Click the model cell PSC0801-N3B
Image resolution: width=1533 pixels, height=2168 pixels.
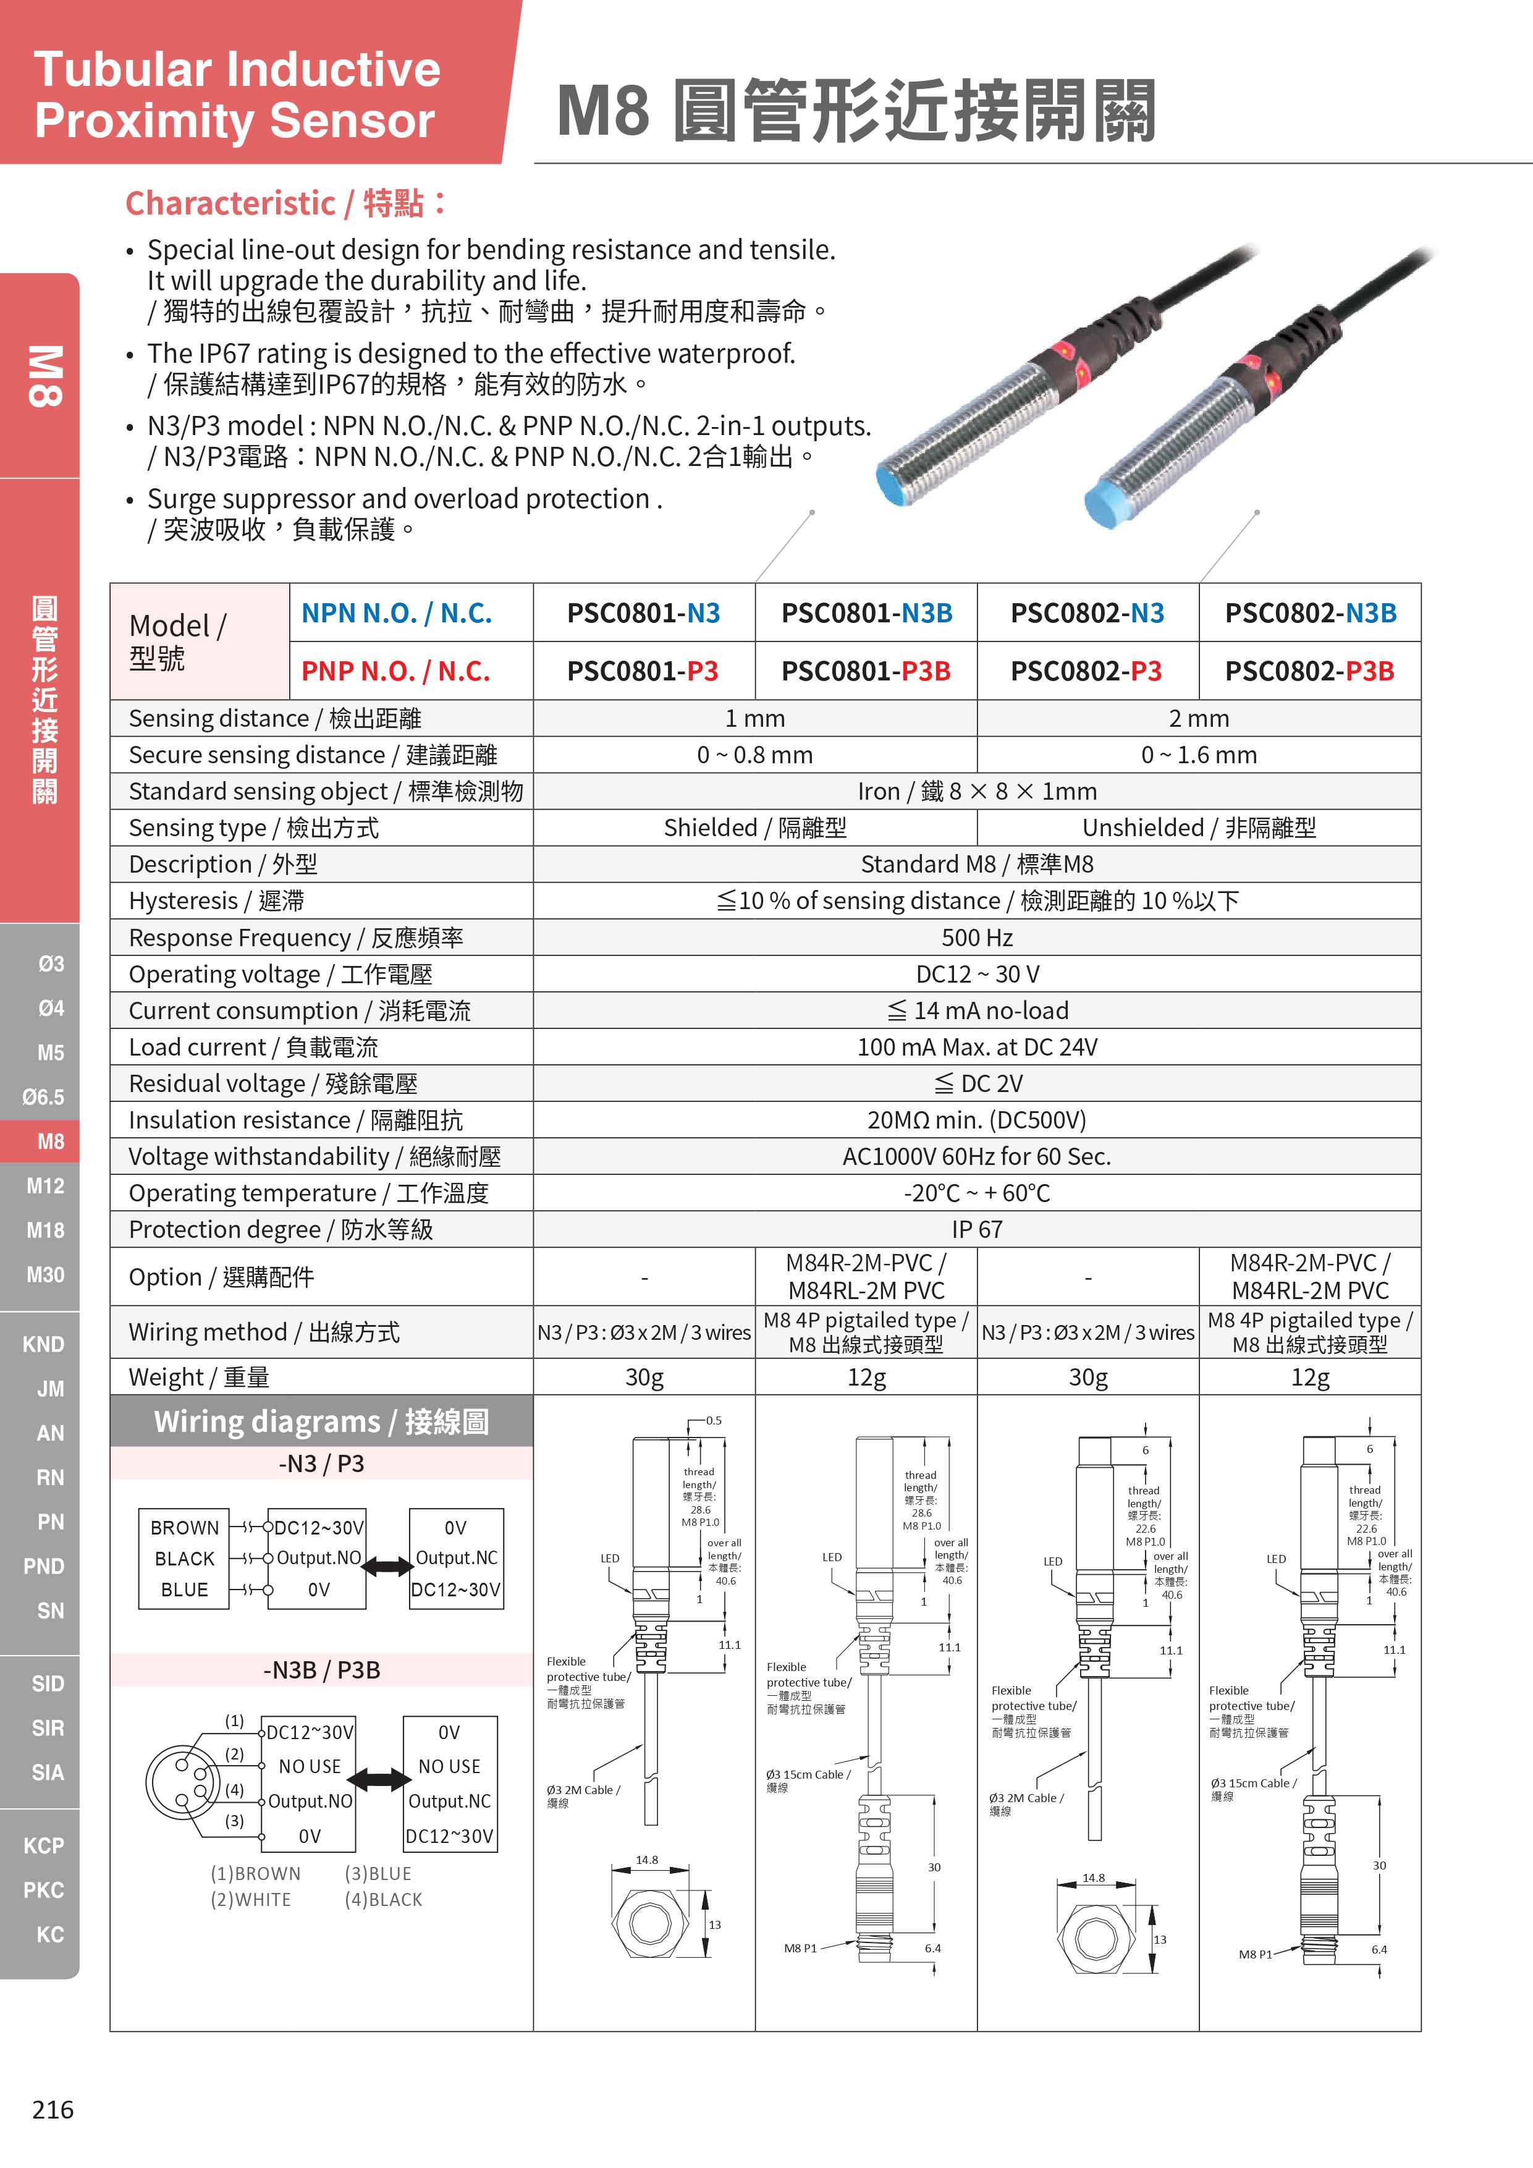pos(866,613)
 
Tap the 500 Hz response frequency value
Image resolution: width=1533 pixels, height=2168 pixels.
pos(976,938)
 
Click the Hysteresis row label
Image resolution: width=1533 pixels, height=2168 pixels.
pos(216,901)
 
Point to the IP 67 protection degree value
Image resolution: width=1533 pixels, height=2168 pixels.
pos(976,1229)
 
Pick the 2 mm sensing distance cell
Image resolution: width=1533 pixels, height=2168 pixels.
pos(1198,719)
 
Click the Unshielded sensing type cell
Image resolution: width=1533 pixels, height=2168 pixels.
pos(1198,828)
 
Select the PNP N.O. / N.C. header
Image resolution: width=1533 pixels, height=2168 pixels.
pos(395,671)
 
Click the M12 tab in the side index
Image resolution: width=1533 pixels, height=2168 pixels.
pos(45,1186)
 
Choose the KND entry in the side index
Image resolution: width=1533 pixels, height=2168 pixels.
pos(43,1344)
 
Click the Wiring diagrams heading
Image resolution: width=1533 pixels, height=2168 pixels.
pos(321,1421)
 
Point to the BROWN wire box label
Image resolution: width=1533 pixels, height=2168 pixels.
pos(184,1527)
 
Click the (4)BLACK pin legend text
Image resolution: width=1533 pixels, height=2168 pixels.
pos(383,1899)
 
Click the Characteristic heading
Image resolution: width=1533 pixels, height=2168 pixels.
pos(285,203)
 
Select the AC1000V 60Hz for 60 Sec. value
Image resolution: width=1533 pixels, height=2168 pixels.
pos(976,1157)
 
